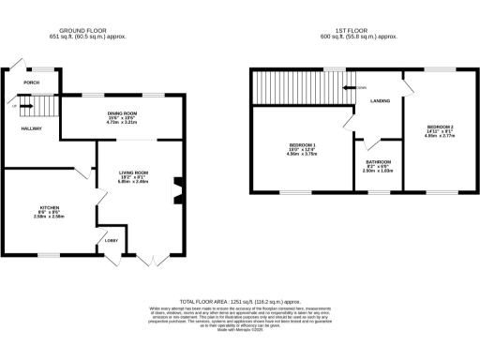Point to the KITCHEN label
coord(50,207)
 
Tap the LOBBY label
coord(111,241)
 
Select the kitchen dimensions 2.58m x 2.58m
coord(50,217)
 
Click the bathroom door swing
coord(367,142)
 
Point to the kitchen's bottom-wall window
coord(50,254)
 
